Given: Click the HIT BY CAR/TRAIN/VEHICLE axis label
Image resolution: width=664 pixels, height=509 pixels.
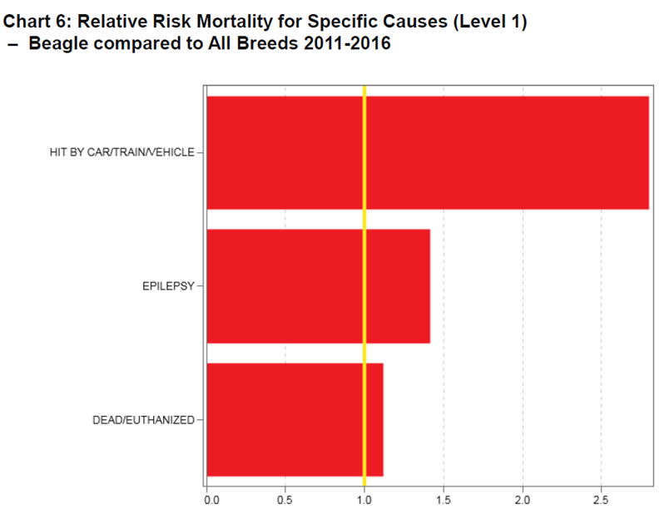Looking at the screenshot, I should click(x=121, y=152).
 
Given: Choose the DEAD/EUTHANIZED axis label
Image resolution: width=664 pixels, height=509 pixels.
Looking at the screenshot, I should click(x=142, y=420).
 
